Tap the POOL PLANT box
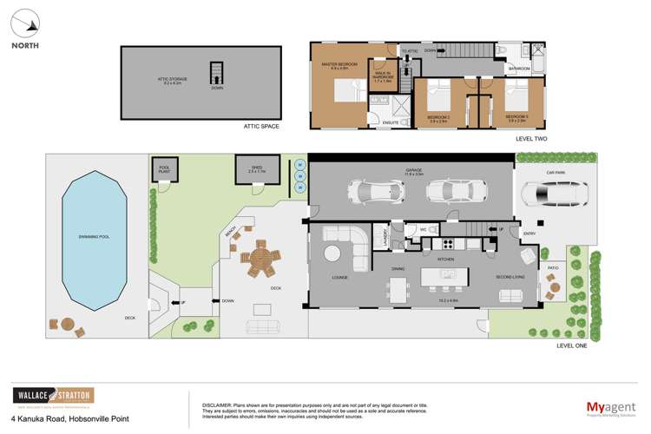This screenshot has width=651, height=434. tap(162, 170)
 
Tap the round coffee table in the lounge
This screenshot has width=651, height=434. tap(333, 253)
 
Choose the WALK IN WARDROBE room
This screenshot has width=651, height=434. tap(384, 75)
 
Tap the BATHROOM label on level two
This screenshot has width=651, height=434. tap(519, 68)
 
